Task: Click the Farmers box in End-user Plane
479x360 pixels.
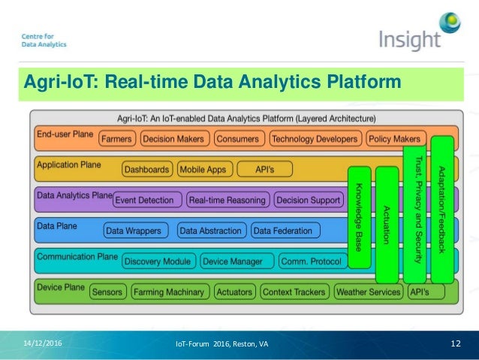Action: click(116, 139)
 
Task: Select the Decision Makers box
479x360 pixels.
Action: click(173, 139)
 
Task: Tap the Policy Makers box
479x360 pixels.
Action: click(396, 139)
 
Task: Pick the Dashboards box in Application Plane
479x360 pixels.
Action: click(146, 169)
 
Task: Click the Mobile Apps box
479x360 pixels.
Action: click(203, 169)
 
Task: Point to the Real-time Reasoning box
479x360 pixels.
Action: click(227, 200)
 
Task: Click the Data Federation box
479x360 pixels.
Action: click(283, 231)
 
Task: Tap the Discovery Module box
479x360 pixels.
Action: click(158, 262)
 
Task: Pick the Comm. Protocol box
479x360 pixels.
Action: click(310, 262)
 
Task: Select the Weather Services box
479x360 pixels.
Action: click(368, 292)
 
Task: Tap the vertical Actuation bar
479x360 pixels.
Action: click(386, 218)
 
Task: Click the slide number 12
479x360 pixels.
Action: click(454, 343)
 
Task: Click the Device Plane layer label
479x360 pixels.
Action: click(61, 288)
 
